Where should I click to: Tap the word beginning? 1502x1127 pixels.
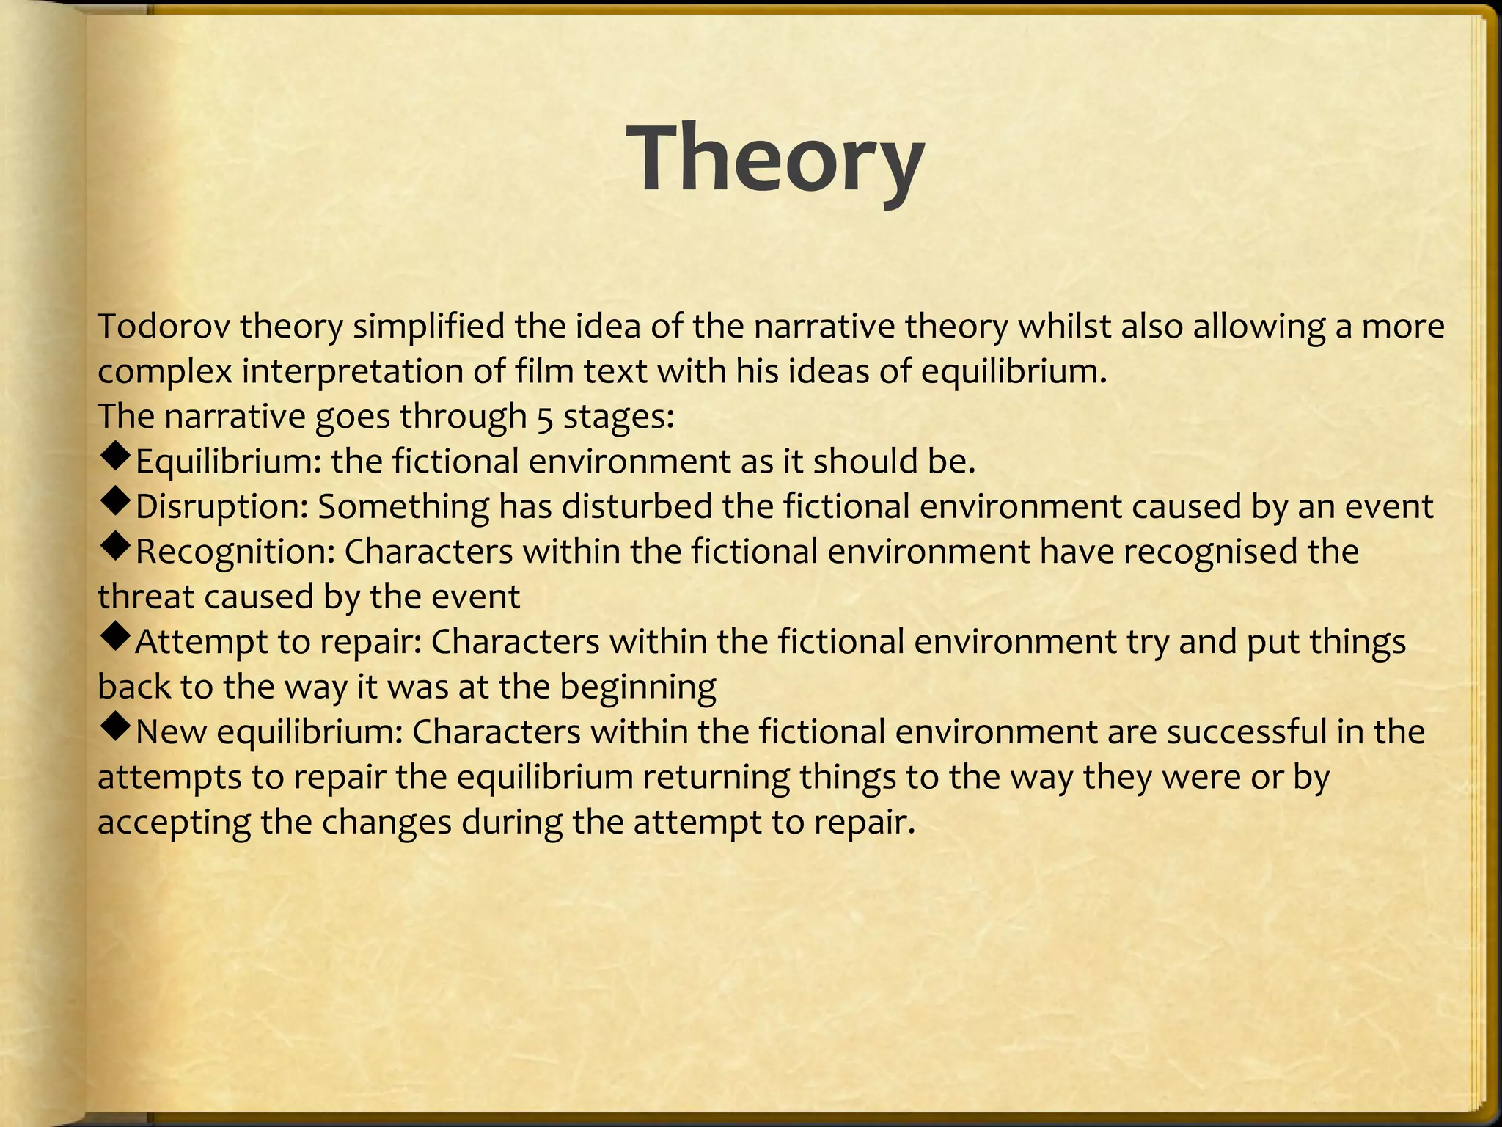[x=637, y=687]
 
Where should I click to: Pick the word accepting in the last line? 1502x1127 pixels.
[x=174, y=823]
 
